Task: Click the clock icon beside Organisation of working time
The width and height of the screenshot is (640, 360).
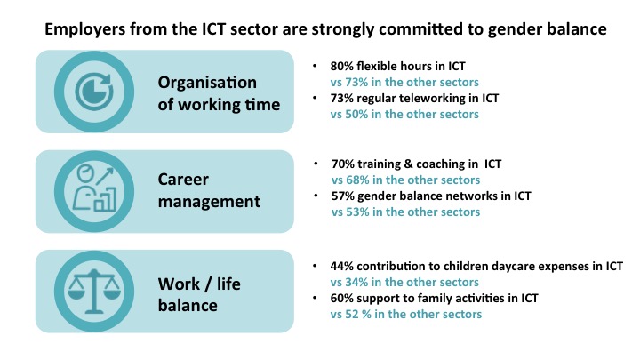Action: pos(94,92)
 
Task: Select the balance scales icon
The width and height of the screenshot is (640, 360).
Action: pos(94,291)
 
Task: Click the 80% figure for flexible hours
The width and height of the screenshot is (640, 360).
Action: pos(341,66)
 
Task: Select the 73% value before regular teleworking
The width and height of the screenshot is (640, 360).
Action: pos(341,99)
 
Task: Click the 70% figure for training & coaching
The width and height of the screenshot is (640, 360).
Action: pos(343,164)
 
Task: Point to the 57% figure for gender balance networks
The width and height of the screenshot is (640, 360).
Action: pos(343,196)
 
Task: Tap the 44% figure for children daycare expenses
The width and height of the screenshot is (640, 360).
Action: pos(341,267)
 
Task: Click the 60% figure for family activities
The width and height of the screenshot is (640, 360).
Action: pos(341,299)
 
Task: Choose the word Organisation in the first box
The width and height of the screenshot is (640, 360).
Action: pos(207,84)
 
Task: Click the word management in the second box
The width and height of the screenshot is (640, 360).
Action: pos(209,202)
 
